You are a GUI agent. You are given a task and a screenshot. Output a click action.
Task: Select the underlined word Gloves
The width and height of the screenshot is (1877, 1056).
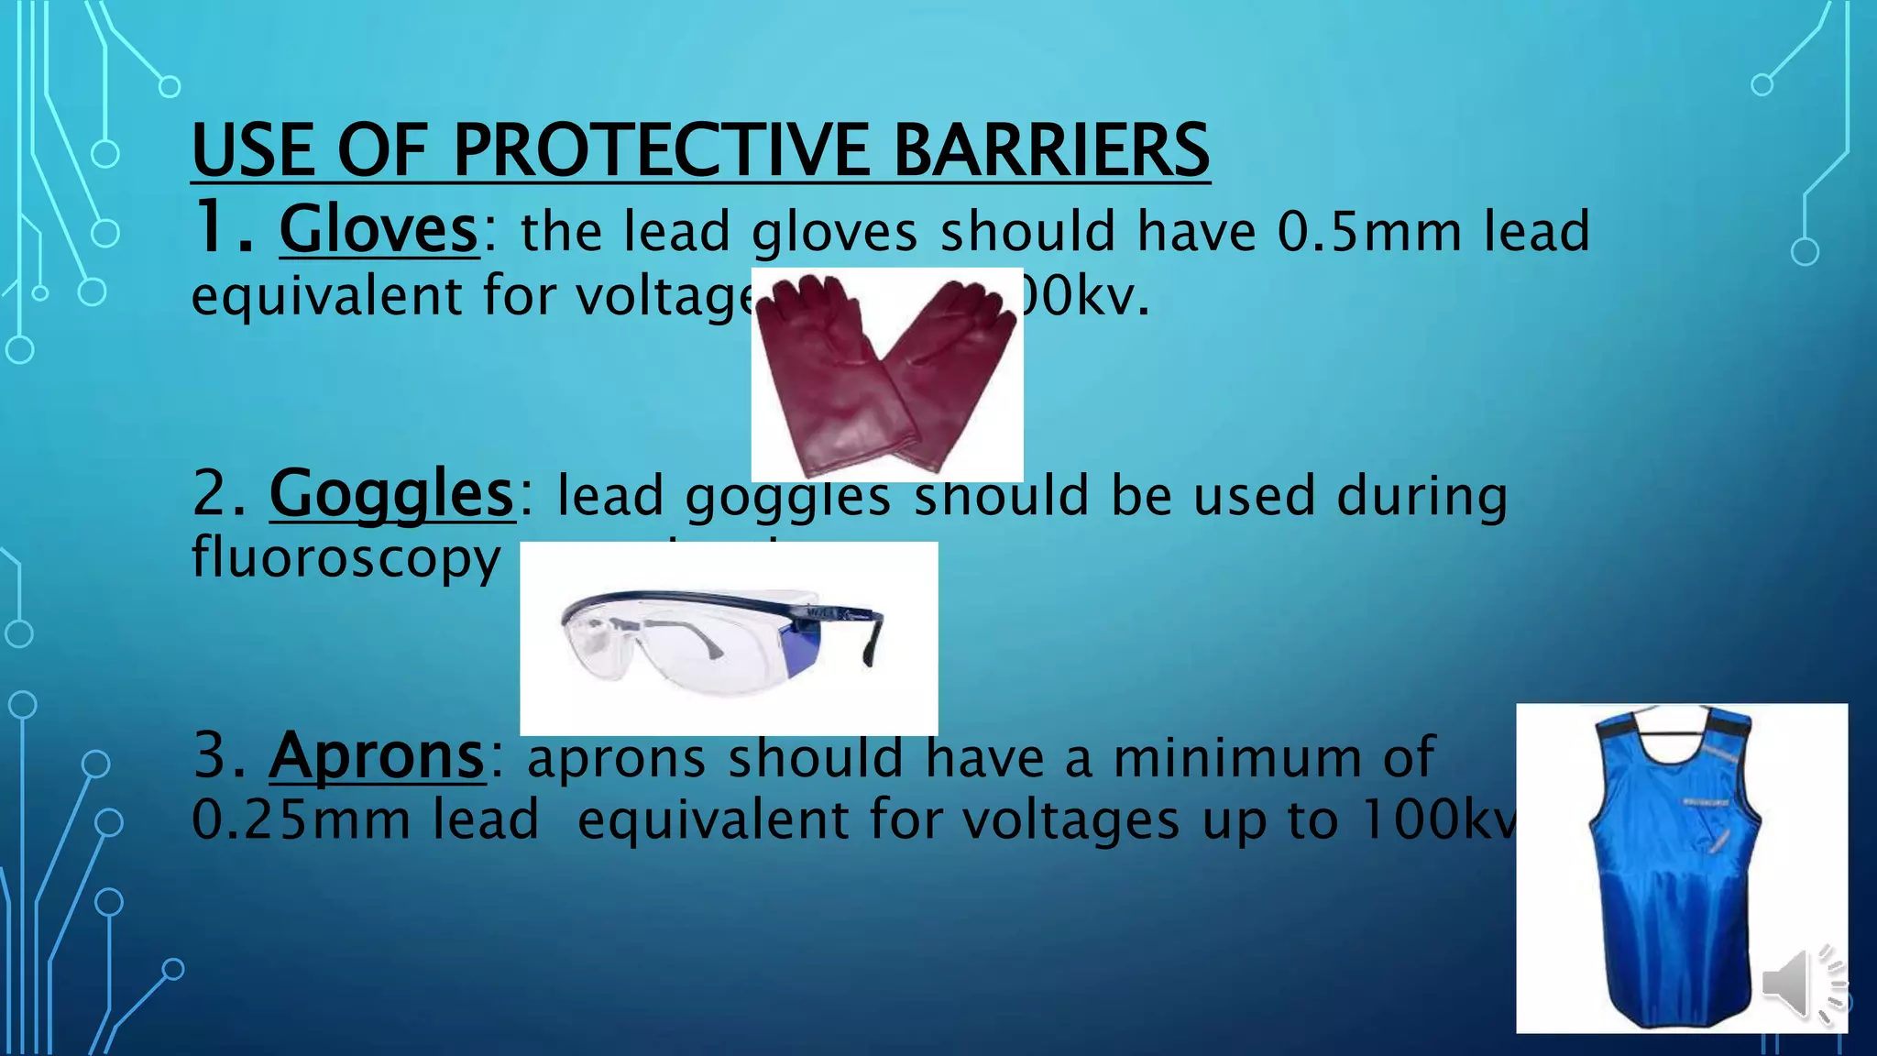379,229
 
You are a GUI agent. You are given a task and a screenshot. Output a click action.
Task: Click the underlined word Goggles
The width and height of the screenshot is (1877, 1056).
391,494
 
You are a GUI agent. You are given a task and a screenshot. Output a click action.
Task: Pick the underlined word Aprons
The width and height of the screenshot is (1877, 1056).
376,756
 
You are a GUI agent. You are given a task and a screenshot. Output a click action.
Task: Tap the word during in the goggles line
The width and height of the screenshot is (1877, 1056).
1421,495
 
